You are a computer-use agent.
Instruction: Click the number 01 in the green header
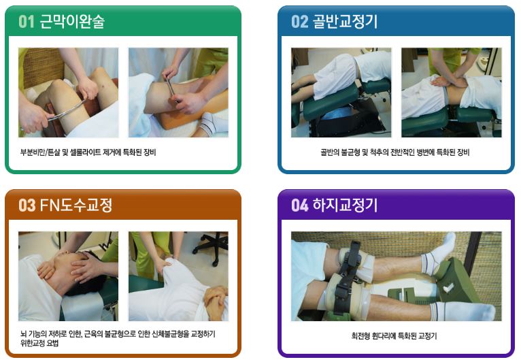click(x=27, y=22)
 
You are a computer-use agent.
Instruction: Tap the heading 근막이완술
click(x=72, y=22)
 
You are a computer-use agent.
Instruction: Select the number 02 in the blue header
click(x=300, y=22)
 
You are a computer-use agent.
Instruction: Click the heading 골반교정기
click(x=346, y=22)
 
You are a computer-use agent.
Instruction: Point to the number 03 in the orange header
click(x=27, y=205)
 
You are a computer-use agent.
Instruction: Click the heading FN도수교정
click(x=76, y=205)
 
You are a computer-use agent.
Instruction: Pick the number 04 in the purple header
click(x=300, y=205)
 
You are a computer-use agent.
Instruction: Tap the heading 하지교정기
click(x=346, y=205)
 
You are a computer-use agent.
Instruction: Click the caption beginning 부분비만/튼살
click(x=88, y=152)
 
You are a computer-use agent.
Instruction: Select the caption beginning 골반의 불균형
click(x=394, y=152)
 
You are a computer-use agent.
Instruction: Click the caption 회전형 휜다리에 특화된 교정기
click(x=394, y=335)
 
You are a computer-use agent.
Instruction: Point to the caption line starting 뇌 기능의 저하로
click(x=118, y=334)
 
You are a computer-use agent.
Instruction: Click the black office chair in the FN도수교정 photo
click(x=211, y=246)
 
